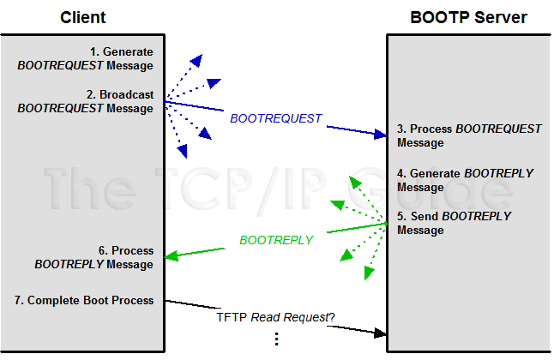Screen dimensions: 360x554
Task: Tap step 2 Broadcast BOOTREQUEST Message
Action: pos(97,101)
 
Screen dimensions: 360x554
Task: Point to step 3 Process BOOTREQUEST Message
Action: pos(469,135)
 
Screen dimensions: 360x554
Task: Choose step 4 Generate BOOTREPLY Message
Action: pos(465,180)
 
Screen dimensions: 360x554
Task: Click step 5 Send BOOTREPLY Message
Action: pos(455,223)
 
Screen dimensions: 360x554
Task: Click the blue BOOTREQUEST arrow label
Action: pos(275,118)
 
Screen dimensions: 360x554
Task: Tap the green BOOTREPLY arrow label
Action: pos(276,240)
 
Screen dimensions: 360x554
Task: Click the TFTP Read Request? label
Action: pos(275,317)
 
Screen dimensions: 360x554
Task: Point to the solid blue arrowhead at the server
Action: pos(381,134)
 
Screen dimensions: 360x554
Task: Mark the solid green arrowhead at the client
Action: pos(172,255)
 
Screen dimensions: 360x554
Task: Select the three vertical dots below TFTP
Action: pos(276,339)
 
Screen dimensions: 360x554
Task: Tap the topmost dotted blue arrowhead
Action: pos(196,60)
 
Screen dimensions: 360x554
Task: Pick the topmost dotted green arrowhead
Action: pos(352,182)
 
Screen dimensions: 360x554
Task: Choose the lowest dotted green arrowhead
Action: pos(370,273)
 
